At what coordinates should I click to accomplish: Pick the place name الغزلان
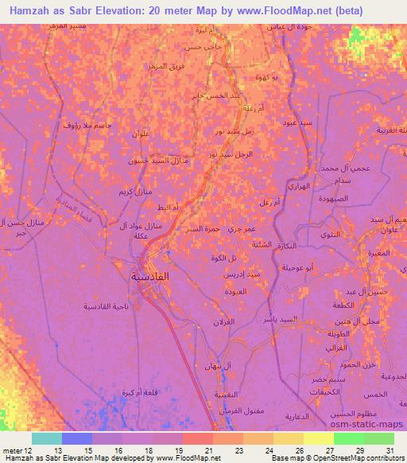click(238, 320)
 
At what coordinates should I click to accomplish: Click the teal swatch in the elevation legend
click(46, 438)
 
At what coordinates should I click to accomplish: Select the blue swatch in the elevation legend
click(76, 438)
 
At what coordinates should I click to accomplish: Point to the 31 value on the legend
click(390, 450)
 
